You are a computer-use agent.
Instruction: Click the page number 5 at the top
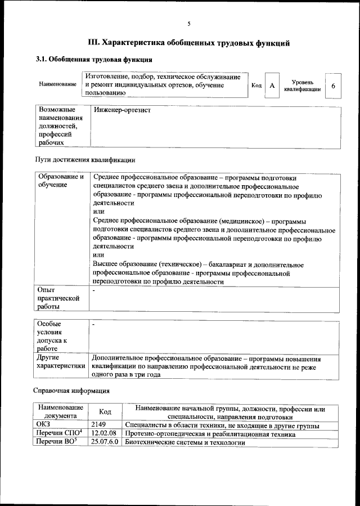tap(189, 23)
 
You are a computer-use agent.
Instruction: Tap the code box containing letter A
tap(272, 86)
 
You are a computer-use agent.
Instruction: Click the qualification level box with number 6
tap(334, 86)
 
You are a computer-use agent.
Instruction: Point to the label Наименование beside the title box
tap(57, 84)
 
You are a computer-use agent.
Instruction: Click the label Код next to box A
tap(256, 86)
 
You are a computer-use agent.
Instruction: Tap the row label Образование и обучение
tap(61, 181)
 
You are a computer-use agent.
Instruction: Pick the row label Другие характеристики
tap(61, 362)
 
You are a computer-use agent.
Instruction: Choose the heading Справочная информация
tap(71, 390)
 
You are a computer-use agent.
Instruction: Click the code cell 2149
tap(98, 426)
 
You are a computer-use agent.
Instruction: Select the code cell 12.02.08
tap(103, 434)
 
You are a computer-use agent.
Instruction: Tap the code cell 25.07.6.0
tap(105, 443)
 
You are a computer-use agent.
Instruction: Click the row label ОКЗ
tap(43, 426)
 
